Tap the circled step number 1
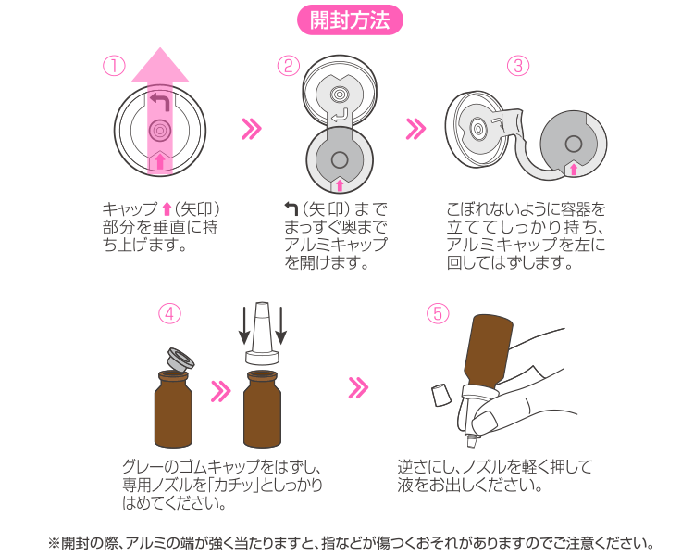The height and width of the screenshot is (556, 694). pos(113,66)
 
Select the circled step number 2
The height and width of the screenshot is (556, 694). pos(289,66)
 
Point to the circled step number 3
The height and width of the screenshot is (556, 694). pos(518,66)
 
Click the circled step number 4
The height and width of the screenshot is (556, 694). pos(168,313)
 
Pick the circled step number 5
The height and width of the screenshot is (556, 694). pos(438,313)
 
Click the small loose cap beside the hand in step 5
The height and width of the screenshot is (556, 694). pos(441,396)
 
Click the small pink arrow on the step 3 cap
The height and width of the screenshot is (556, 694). pos(574,169)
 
